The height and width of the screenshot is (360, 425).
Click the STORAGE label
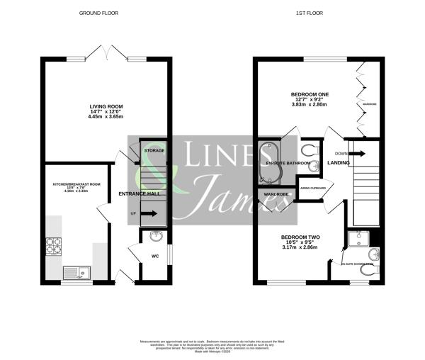[x=154, y=151]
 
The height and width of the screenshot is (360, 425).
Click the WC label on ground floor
[x=155, y=257]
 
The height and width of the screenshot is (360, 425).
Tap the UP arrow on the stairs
[x=149, y=213]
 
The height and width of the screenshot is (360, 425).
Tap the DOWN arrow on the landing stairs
[x=356, y=153]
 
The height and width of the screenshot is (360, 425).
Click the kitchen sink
[x=74, y=271]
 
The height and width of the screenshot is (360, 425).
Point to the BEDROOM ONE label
[x=307, y=94]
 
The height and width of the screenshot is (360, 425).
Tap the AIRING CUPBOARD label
[x=313, y=189]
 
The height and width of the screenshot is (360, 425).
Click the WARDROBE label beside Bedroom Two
[x=275, y=194]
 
